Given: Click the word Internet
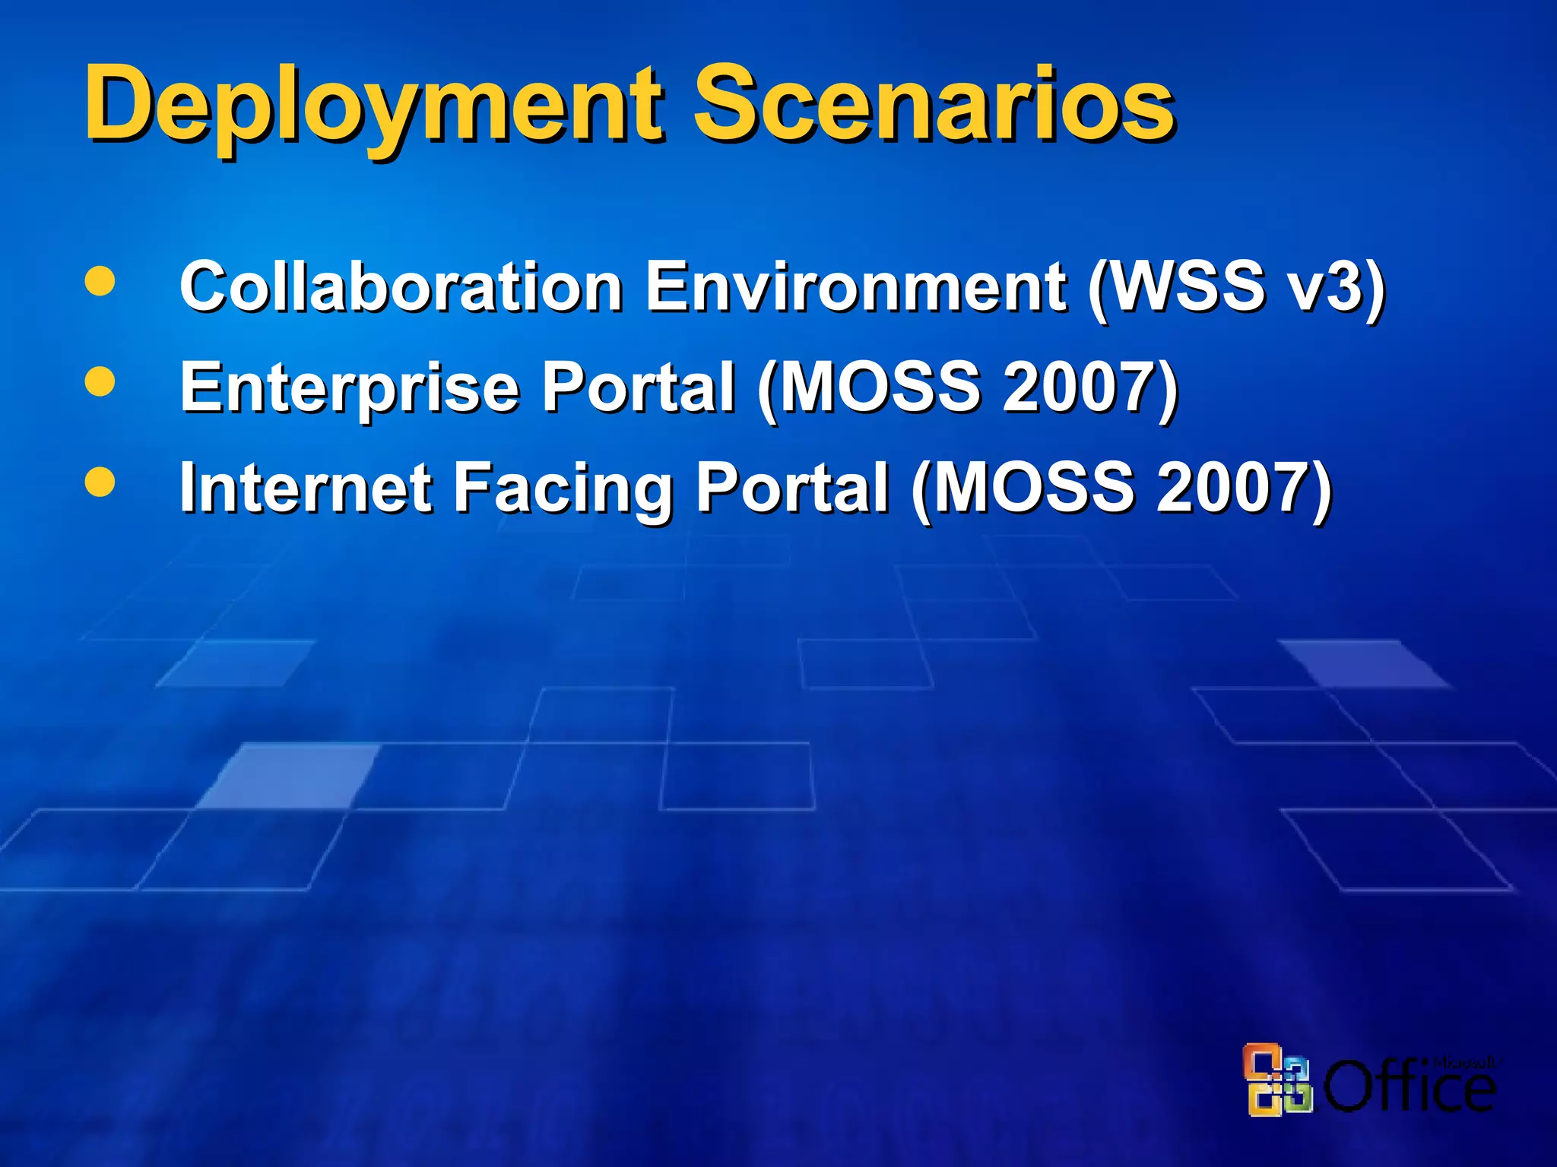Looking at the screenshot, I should pos(305,488).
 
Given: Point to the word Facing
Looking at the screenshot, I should pos(563,488).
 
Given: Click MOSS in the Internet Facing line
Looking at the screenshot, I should pos(1033,488).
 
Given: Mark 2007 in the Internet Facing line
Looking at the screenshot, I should pos(1235,488).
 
